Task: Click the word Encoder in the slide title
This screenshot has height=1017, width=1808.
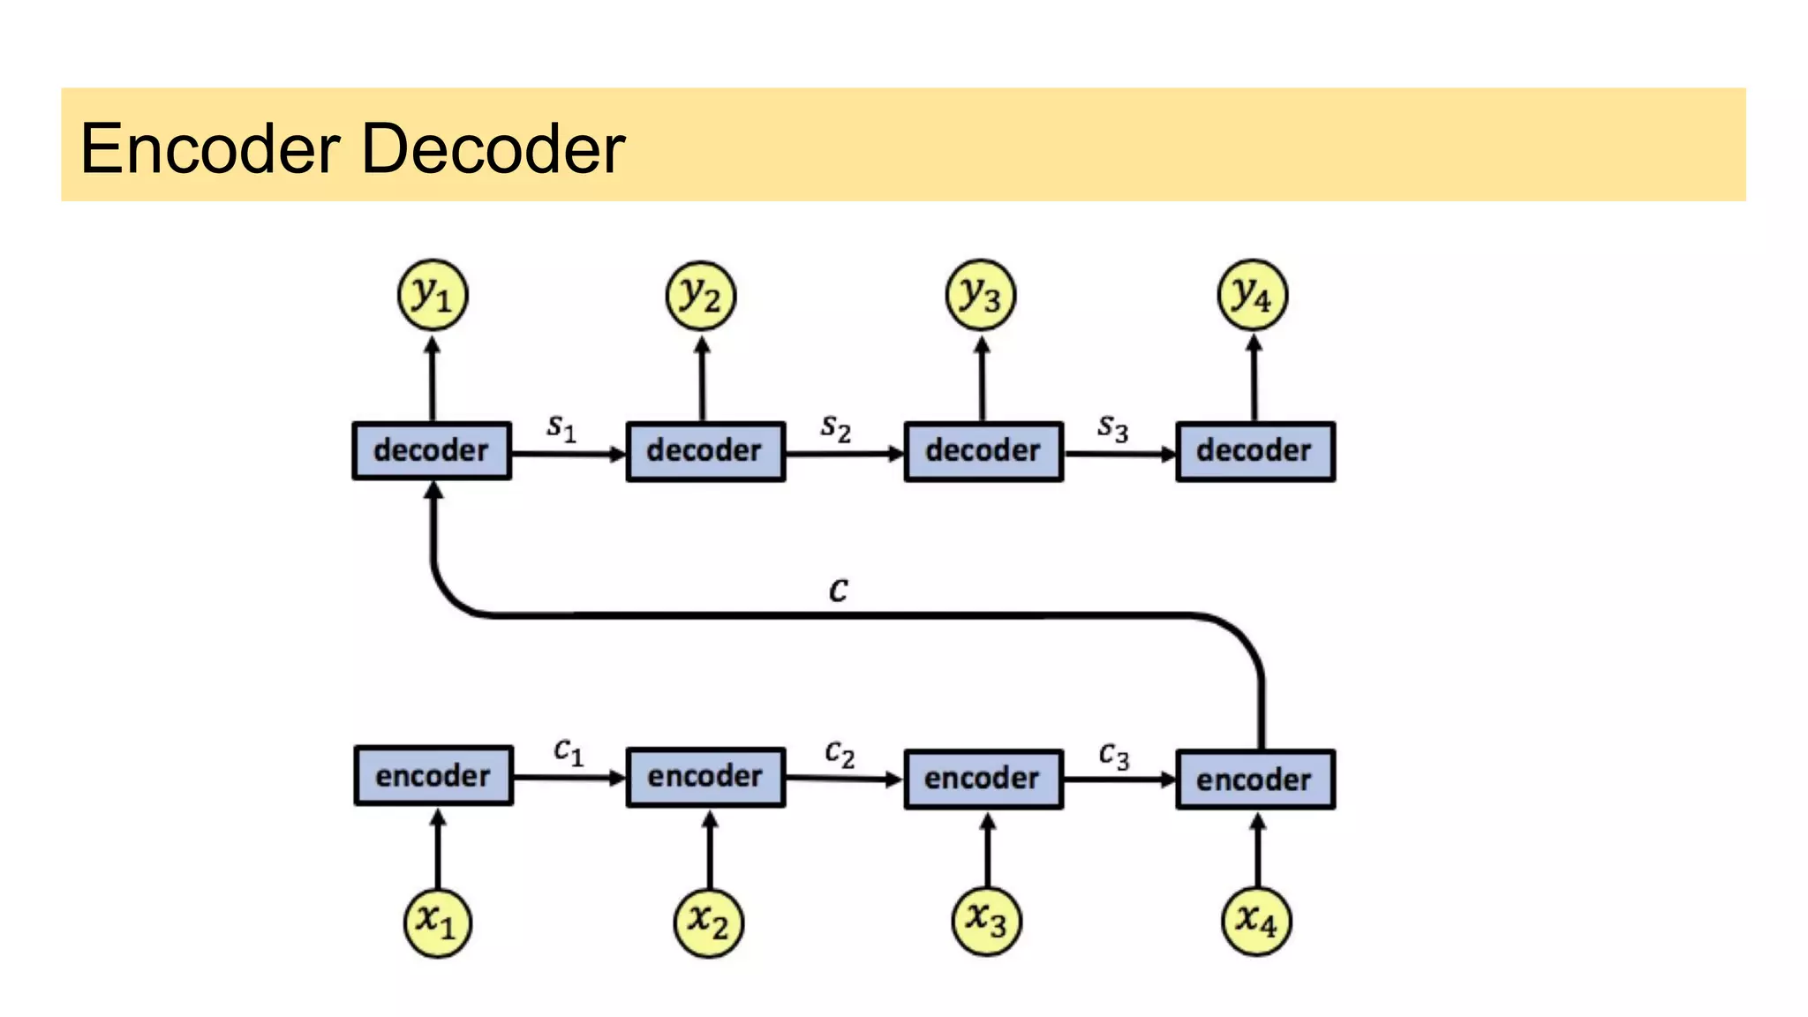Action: click(x=210, y=148)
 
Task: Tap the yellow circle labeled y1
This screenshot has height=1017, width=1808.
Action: click(x=432, y=295)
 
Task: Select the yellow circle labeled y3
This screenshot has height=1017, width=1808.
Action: click(x=980, y=295)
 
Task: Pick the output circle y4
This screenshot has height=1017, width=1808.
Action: click(x=1252, y=295)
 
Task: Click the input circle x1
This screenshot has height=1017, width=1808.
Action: click(x=437, y=922)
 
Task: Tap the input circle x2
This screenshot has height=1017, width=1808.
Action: click(x=708, y=923)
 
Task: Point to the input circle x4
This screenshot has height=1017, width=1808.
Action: click(x=1255, y=922)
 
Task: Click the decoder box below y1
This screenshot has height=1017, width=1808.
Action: click(x=432, y=451)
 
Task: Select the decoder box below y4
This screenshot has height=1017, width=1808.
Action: click(x=1254, y=451)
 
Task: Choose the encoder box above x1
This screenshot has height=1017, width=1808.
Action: click(x=433, y=776)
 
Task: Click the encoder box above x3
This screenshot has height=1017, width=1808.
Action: click(x=983, y=779)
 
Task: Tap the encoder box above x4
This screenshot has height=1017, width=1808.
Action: click(x=1254, y=780)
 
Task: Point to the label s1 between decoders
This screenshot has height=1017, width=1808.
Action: click(x=561, y=427)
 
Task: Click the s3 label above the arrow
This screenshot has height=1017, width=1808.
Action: click(x=1112, y=428)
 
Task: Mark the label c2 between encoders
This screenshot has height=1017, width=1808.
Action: click(x=840, y=753)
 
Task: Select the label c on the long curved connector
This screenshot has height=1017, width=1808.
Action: click(x=839, y=590)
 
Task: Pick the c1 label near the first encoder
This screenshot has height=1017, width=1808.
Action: click(x=568, y=751)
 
